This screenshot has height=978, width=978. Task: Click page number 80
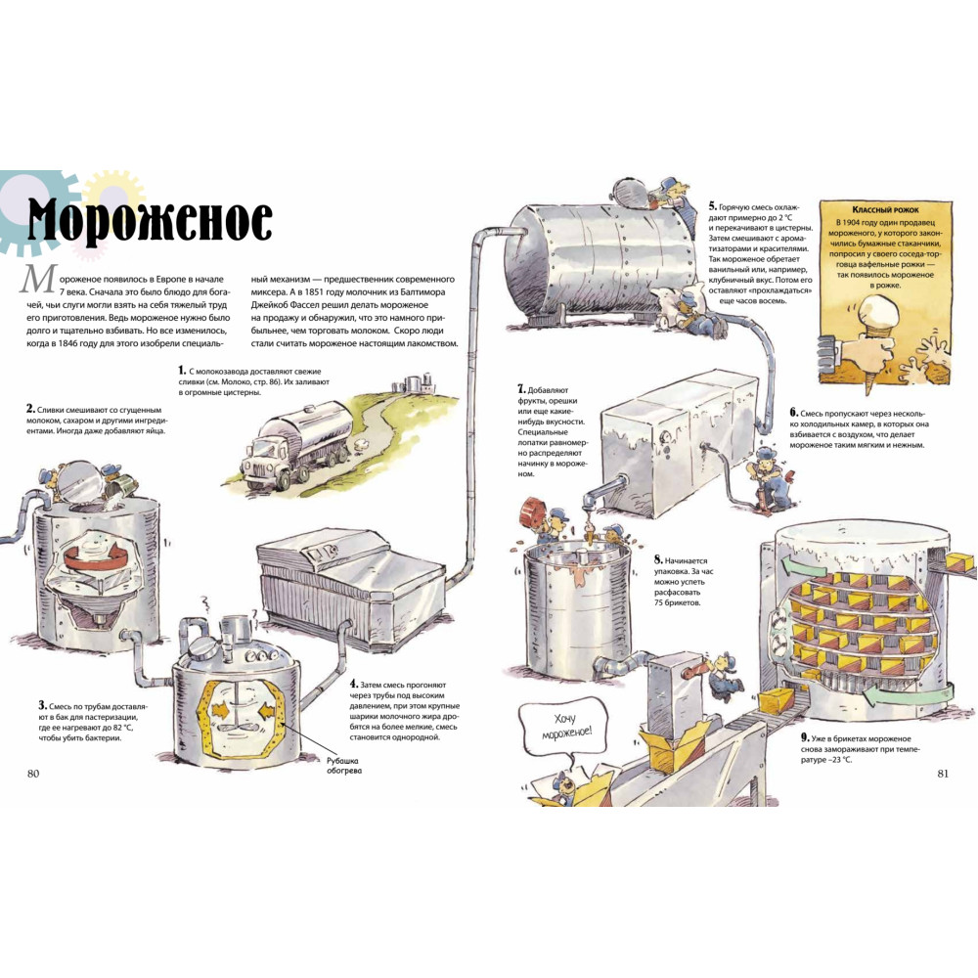tap(33, 774)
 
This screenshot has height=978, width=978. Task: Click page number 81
tap(943, 774)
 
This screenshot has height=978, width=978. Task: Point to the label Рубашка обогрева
tap(343, 766)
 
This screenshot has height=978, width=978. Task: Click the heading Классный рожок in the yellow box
tap(885, 210)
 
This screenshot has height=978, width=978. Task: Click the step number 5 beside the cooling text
tap(712, 205)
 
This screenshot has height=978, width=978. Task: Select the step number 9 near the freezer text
tap(805, 737)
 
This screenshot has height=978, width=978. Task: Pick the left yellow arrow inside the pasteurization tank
tap(219, 710)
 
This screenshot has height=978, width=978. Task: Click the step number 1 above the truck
tap(182, 371)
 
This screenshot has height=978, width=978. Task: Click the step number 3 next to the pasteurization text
tap(42, 705)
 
